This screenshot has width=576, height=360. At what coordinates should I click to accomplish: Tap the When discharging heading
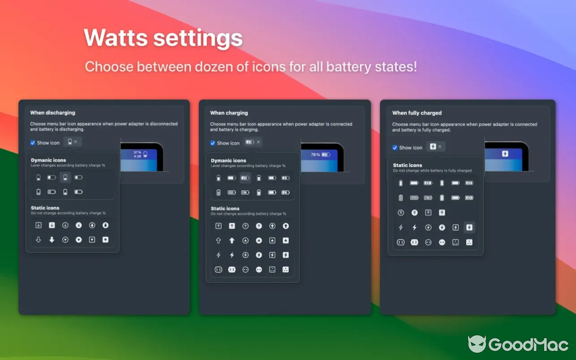[53, 112]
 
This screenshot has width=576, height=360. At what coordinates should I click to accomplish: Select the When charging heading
[229, 113]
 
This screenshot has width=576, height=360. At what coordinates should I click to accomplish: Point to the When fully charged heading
[417, 113]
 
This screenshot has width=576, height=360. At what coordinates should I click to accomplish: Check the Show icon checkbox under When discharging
[32, 143]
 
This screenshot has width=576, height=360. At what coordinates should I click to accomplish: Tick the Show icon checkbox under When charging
[213, 143]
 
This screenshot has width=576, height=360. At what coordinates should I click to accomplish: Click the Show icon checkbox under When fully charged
[395, 148]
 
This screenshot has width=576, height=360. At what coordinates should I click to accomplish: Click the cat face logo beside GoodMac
[477, 344]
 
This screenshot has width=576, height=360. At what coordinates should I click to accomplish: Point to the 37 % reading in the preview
[137, 152]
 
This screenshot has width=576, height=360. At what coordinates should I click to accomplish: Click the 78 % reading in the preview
[315, 155]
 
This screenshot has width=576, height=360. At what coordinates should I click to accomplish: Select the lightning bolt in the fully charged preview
[505, 154]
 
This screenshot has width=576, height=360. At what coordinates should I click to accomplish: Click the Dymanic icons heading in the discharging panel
[48, 160]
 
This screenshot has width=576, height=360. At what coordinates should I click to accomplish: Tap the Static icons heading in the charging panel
[225, 208]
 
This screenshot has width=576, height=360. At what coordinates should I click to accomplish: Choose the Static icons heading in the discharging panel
[45, 208]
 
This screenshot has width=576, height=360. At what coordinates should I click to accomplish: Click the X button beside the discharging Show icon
[76, 142]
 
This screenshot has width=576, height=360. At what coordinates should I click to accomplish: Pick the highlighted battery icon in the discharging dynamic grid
[65, 177]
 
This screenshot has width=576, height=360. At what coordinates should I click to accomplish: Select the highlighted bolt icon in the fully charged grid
[469, 228]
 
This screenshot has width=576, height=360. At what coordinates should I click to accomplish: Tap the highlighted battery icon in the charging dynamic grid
[245, 178]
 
